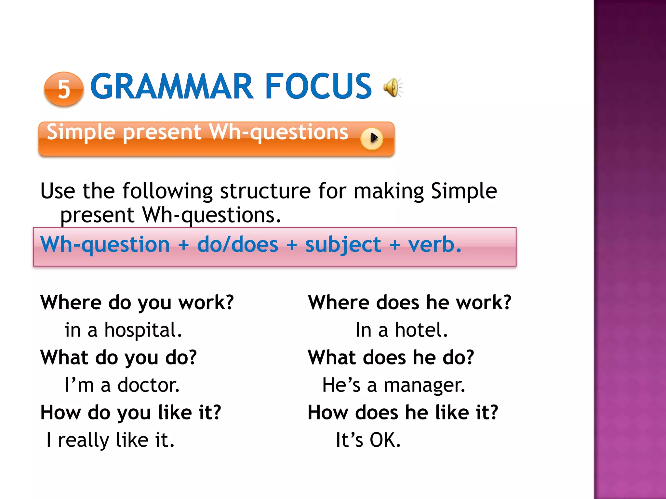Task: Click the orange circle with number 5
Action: click(x=64, y=89)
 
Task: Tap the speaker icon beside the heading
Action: click(x=392, y=87)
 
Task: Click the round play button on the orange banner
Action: click(x=372, y=138)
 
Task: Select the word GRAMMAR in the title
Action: click(x=172, y=86)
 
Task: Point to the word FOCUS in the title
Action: click(x=318, y=86)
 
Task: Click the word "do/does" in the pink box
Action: click(x=237, y=244)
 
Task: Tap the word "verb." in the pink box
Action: click(x=435, y=244)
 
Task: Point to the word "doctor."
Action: click(x=148, y=385)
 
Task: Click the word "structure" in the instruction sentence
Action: click(x=265, y=191)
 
